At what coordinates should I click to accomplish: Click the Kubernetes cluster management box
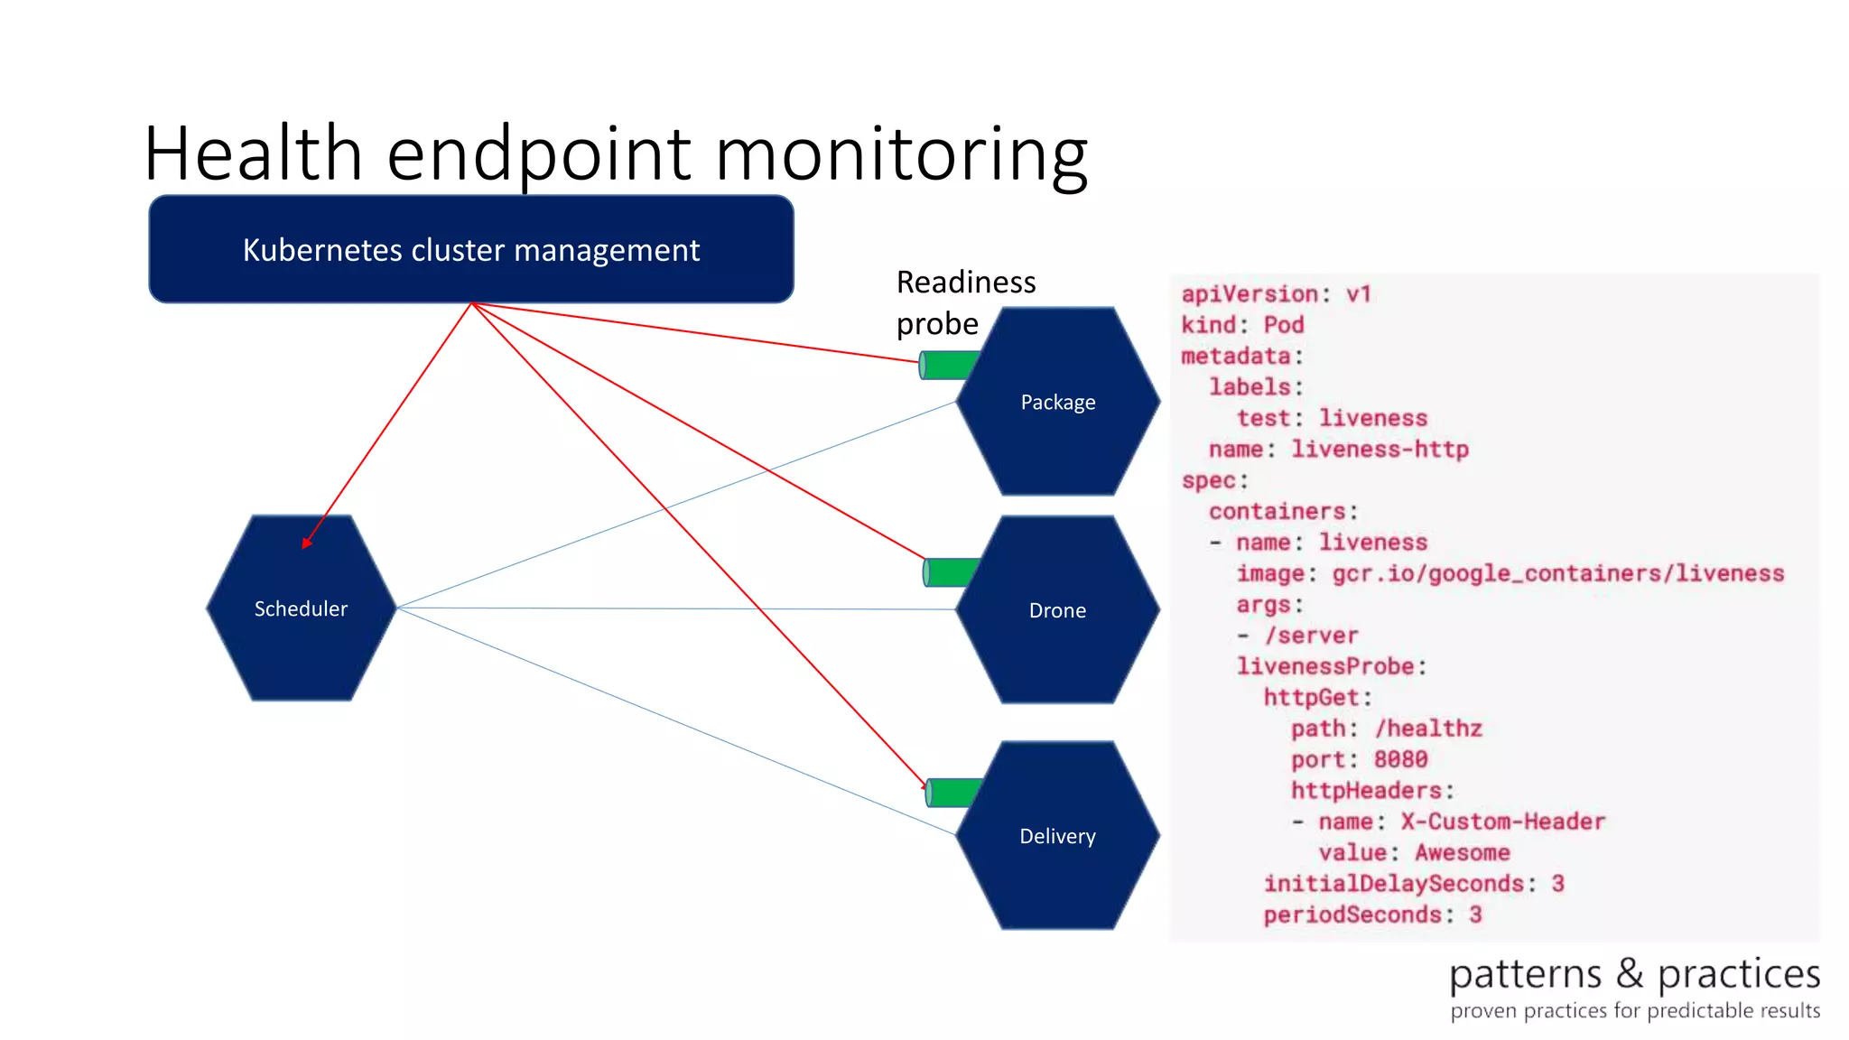(x=470, y=249)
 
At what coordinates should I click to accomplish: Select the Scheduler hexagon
(x=301, y=608)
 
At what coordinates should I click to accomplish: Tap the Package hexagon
(x=1057, y=402)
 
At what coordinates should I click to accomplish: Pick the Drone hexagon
(x=1057, y=610)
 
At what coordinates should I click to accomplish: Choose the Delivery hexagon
(x=1057, y=836)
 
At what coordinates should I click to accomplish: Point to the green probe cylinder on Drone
(x=950, y=572)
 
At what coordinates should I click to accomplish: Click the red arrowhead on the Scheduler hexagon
(x=307, y=542)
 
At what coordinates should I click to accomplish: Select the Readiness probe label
(x=964, y=302)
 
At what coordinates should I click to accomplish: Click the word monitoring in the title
(x=901, y=153)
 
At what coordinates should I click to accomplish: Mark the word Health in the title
(x=253, y=153)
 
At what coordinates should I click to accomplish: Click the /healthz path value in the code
(x=1428, y=729)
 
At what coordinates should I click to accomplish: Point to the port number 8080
(x=1400, y=759)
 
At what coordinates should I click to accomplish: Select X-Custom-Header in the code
(x=1502, y=822)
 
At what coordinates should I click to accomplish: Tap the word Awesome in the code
(x=1462, y=852)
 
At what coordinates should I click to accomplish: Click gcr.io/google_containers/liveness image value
(x=1557, y=573)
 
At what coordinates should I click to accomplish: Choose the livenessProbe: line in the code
(x=1331, y=666)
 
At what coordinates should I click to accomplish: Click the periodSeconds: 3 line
(x=1371, y=915)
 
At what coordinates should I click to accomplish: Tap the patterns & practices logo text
(x=1634, y=975)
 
